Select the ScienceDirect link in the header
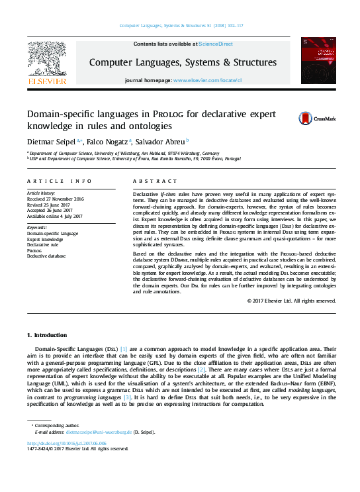(215, 44)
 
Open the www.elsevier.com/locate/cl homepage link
(207, 80)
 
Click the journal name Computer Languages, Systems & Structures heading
(183, 62)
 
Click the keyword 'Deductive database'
(46, 255)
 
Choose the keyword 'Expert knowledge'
(45, 239)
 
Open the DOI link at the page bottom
(66, 443)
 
